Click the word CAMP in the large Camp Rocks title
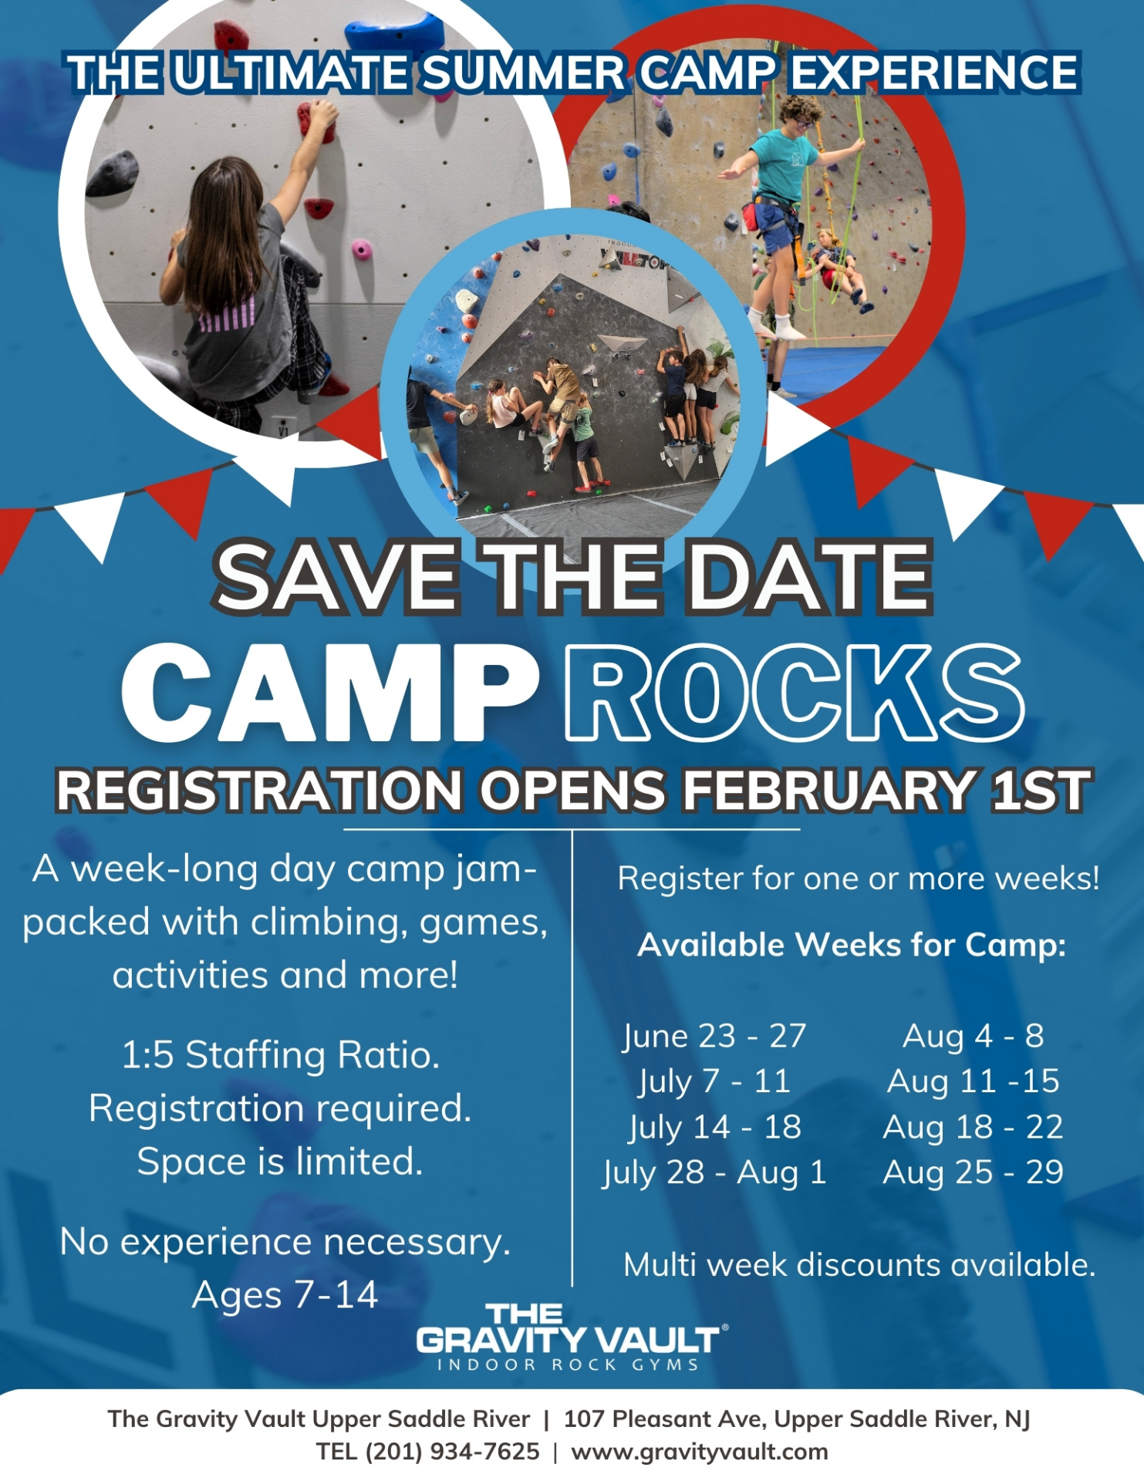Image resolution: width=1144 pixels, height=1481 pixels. click(x=330, y=692)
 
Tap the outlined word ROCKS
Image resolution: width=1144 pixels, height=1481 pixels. click(x=795, y=692)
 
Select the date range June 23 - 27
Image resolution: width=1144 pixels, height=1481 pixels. click(x=714, y=1036)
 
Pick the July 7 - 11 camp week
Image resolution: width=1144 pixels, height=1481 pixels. click(x=714, y=1081)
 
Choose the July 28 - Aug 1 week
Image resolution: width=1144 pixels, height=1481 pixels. click(x=714, y=1172)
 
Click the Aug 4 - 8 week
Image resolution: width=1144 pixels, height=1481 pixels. click(x=973, y=1036)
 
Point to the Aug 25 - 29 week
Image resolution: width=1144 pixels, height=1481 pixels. click(x=973, y=1172)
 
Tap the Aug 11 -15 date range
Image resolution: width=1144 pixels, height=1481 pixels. click(x=973, y=1081)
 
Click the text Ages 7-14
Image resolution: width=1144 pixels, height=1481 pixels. click(x=285, y=1295)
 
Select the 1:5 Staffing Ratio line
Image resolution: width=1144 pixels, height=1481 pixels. click(x=281, y=1054)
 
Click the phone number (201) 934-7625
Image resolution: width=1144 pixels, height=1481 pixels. click(x=452, y=1452)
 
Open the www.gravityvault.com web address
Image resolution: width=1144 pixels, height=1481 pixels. click(x=699, y=1452)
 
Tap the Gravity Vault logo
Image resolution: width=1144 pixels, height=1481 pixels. click(x=571, y=1338)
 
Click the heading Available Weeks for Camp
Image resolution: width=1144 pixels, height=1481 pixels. click(x=852, y=945)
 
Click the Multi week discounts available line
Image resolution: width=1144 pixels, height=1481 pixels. click(x=859, y=1265)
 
